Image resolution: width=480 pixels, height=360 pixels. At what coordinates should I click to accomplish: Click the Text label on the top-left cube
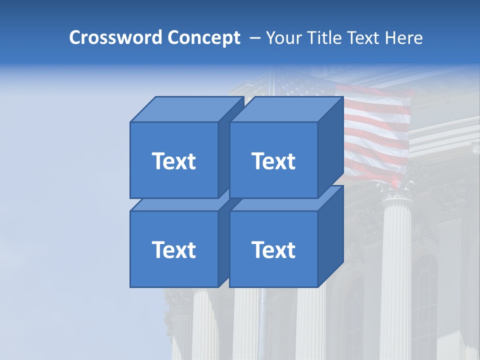(173, 161)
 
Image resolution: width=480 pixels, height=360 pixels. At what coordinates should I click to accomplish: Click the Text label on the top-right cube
(273, 161)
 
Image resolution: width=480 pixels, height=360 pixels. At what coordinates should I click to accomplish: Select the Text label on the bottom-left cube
(173, 249)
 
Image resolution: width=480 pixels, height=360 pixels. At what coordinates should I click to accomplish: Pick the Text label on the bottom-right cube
(273, 249)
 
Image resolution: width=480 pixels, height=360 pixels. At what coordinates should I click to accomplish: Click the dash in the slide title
(254, 38)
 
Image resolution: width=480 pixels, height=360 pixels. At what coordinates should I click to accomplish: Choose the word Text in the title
(365, 38)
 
